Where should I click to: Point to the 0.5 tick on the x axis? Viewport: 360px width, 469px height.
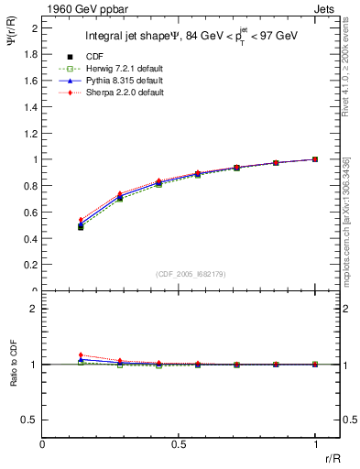179,443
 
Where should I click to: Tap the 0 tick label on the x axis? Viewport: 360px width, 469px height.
42,443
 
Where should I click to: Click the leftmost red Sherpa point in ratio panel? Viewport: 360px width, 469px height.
81,355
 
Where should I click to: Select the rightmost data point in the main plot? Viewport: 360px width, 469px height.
315,158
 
